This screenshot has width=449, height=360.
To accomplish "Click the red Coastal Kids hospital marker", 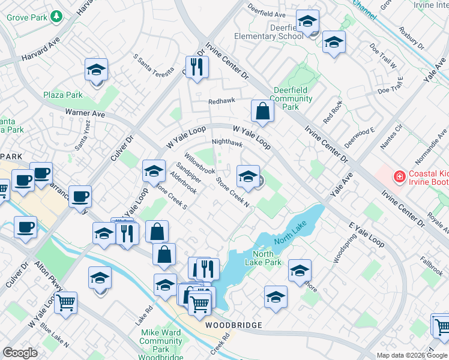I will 399,176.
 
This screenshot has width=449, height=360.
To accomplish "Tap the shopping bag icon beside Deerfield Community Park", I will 262,110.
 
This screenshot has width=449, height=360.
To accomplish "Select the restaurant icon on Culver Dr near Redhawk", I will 195,67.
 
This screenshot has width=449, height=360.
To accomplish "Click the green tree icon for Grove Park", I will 56,16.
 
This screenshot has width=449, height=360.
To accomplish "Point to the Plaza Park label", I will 62,95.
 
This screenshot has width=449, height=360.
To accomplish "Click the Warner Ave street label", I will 85,113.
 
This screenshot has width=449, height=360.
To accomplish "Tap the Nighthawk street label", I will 228,144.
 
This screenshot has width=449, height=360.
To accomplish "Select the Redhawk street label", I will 221,102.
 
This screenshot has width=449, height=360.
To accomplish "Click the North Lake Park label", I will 263,258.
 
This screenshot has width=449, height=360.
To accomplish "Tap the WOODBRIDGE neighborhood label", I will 234,325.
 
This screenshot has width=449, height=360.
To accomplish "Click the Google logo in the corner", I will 20,353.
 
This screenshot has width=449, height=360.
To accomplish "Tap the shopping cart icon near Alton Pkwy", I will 65,302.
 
